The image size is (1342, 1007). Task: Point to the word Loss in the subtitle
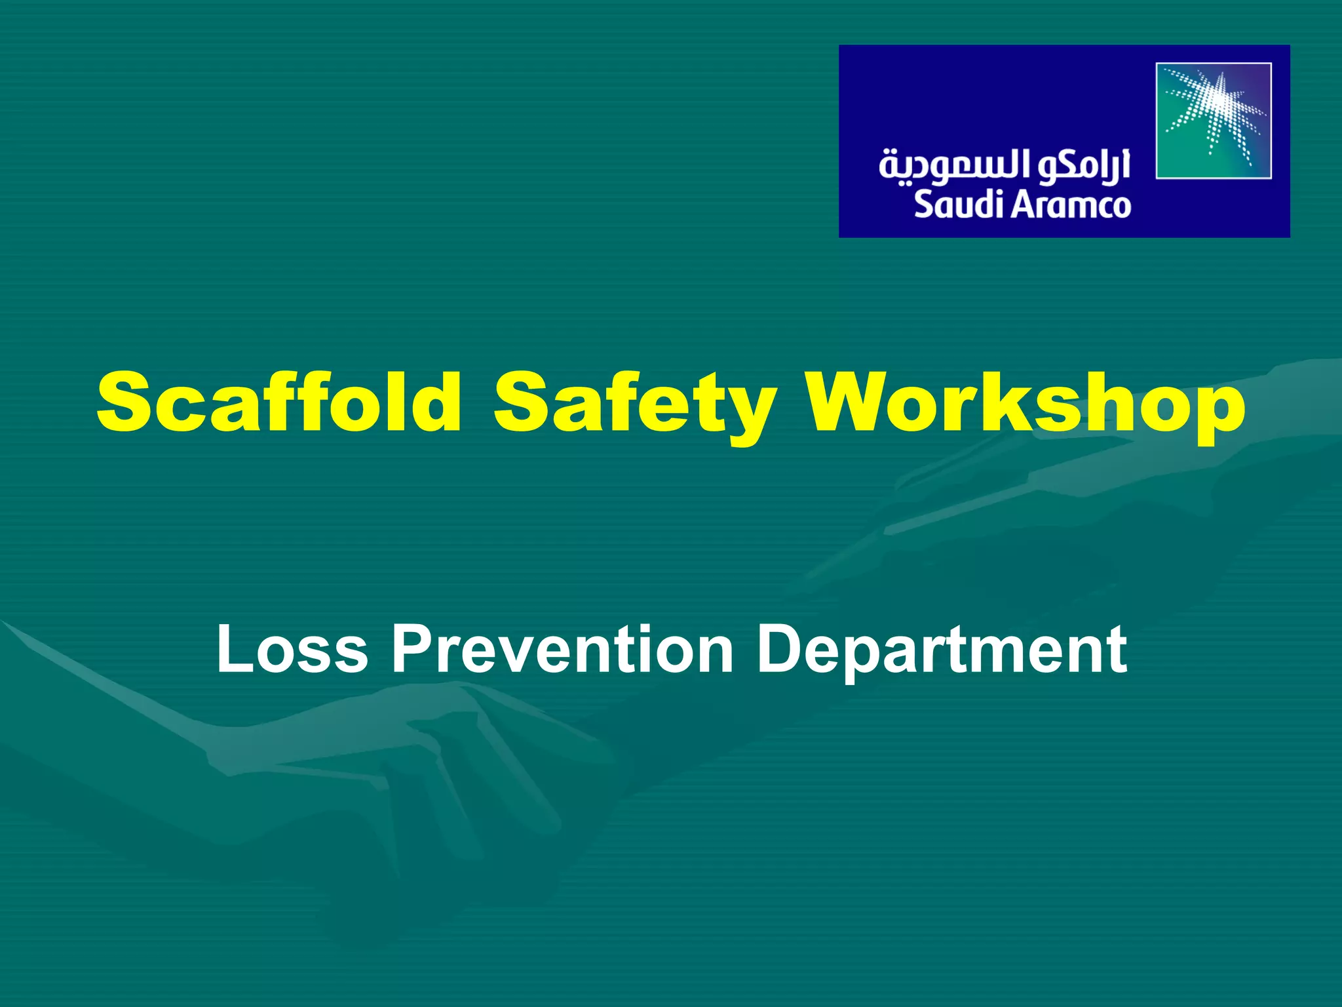[292, 650]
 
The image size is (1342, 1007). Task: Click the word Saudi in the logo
[957, 205]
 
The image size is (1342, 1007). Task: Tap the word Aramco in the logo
[1071, 205]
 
